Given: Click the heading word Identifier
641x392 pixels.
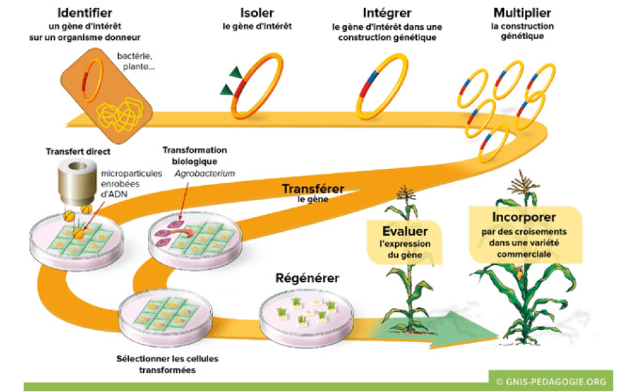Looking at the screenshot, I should click(86, 13).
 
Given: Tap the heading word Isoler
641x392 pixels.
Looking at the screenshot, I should click(257, 13).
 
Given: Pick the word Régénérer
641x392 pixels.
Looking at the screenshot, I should click(307, 278).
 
